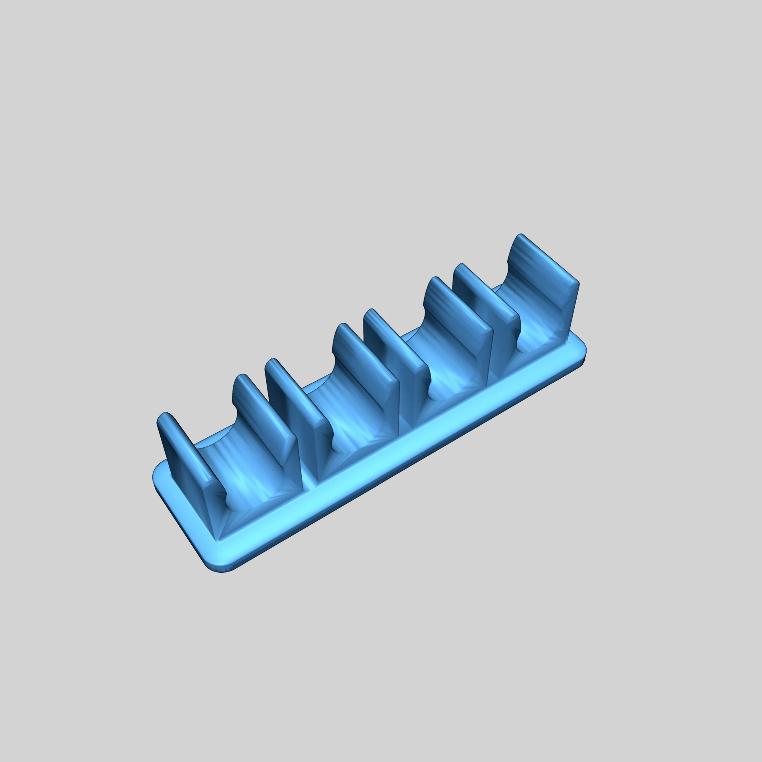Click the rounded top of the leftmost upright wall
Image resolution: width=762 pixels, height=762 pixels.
pos(166,418)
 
